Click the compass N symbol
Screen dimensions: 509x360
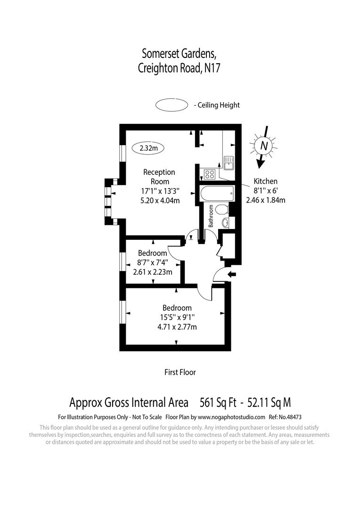click(x=263, y=146)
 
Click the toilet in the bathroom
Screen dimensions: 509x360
click(x=224, y=208)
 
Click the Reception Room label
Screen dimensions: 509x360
click(x=159, y=177)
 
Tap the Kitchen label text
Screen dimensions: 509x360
click(x=266, y=181)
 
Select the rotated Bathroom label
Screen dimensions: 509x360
click(x=212, y=215)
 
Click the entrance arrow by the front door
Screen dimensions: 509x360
click(x=232, y=274)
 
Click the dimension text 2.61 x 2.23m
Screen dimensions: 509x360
click(x=152, y=272)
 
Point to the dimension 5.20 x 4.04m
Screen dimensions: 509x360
click(x=160, y=200)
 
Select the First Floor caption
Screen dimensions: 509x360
click(x=180, y=372)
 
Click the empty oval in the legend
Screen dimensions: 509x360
click(x=171, y=105)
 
